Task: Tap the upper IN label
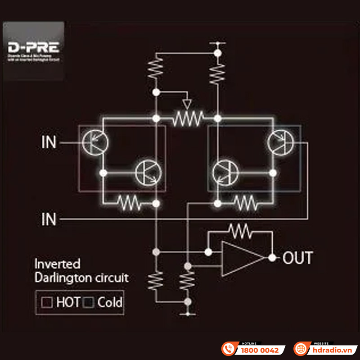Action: (49, 143)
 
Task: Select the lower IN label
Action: (49, 220)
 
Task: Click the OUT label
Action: (297, 258)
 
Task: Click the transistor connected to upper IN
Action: (95, 143)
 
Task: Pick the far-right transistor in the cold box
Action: (280, 143)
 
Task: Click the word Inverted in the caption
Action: (58, 264)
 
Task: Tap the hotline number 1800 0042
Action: (260, 350)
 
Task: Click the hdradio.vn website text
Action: (332, 350)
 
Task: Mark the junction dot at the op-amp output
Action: (272, 258)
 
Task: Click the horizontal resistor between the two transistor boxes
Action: (187, 119)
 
